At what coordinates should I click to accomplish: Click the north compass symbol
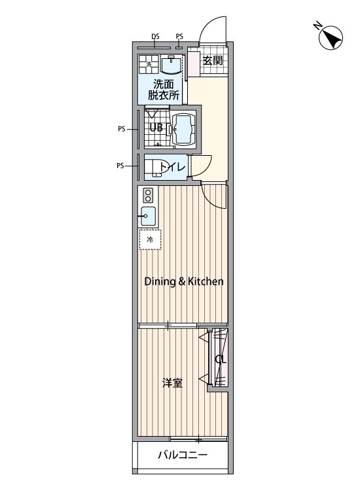[331, 37]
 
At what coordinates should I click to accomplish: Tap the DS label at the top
[155, 37]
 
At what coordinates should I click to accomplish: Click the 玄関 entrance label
[213, 60]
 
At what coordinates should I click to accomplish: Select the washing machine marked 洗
[149, 64]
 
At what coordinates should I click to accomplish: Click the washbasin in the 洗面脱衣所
[171, 64]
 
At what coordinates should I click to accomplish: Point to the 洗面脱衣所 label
[164, 90]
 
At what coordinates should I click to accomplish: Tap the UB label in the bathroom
[156, 128]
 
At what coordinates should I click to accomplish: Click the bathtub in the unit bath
[184, 130]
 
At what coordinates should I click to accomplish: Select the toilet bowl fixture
[153, 168]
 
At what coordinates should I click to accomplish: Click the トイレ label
[173, 168]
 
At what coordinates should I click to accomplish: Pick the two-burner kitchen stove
[148, 195]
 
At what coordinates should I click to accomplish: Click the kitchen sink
[148, 216]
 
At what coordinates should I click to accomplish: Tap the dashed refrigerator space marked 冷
[151, 240]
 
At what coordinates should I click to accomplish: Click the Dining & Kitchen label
[184, 282]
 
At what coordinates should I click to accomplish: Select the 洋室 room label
[173, 383]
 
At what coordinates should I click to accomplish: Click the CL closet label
[221, 359]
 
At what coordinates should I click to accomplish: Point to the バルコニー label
[182, 455]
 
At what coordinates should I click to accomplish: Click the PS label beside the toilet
[120, 166]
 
